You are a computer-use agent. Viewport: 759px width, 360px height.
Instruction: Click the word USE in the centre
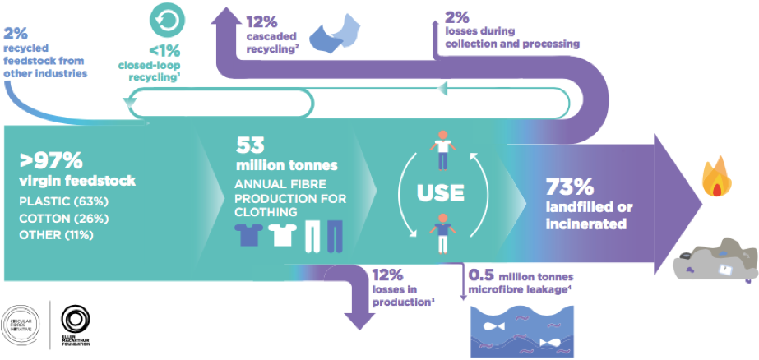click(x=441, y=193)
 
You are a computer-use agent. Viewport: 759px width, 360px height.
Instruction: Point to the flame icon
click(x=717, y=179)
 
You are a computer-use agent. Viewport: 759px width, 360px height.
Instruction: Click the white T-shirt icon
click(x=281, y=234)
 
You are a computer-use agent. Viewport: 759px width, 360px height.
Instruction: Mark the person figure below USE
click(x=442, y=233)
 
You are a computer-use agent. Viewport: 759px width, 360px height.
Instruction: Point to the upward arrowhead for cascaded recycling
click(x=222, y=17)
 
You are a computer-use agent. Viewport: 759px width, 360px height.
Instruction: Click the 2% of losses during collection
click(x=456, y=16)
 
